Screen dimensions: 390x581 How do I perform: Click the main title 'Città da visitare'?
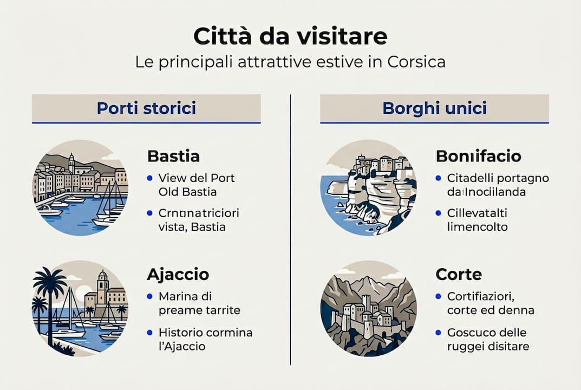click(x=290, y=36)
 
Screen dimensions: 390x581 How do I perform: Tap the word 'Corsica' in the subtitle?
click(x=416, y=61)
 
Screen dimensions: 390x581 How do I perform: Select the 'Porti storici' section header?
click(x=146, y=108)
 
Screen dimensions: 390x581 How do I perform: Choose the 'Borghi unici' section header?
click(x=434, y=108)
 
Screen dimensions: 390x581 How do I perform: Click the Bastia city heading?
click(x=173, y=157)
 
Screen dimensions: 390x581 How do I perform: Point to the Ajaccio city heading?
click(x=178, y=275)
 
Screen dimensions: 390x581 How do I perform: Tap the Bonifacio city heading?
click(x=478, y=157)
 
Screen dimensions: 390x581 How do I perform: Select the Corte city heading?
click(x=458, y=275)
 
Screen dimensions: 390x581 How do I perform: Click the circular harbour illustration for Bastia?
click(x=81, y=187)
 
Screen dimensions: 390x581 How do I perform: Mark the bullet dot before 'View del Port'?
click(x=149, y=178)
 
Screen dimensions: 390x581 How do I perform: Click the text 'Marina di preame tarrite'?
click(x=199, y=303)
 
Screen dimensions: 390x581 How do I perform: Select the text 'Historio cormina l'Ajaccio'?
click(x=205, y=339)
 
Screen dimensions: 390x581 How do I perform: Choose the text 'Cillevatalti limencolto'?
click(x=477, y=220)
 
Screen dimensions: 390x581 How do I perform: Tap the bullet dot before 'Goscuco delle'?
click(x=438, y=333)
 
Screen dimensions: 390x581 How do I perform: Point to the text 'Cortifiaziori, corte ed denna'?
click(x=491, y=303)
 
